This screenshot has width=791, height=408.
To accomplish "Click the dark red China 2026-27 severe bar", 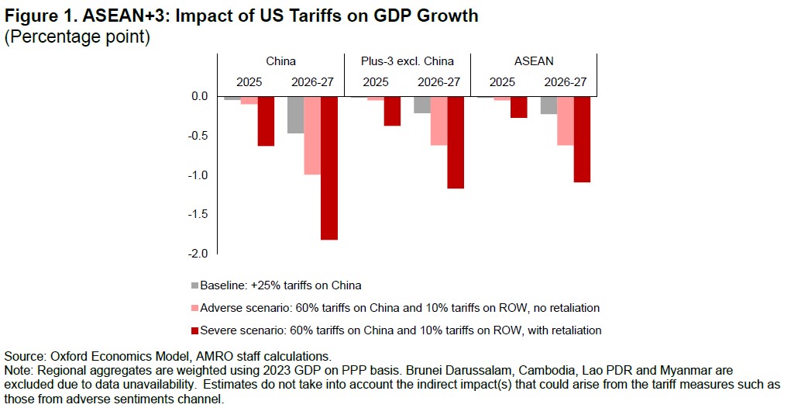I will (x=329, y=168).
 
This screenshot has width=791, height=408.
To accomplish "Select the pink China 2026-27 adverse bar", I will (x=312, y=136).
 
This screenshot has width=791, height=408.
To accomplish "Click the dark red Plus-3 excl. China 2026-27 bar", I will (x=456, y=143).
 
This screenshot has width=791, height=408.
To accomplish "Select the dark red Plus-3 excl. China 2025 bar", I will (x=392, y=111).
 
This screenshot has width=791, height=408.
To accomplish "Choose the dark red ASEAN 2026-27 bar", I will (x=582, y=140).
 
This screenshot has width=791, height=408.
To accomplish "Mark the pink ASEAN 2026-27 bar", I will (x=565, y=121).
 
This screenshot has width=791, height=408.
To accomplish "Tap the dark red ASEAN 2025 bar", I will (x=518, y=107).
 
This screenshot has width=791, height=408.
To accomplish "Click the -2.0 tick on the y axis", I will (x=199, y=254).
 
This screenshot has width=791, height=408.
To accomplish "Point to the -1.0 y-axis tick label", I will (x=199, y=175).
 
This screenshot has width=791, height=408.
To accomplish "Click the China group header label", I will (x=280, y=61).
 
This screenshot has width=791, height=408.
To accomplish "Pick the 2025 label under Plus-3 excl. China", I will (x=376, y=81).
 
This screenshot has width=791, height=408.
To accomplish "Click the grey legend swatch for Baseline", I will (x=194, y=284).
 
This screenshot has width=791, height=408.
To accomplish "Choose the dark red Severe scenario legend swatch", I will (x=194, y=330).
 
